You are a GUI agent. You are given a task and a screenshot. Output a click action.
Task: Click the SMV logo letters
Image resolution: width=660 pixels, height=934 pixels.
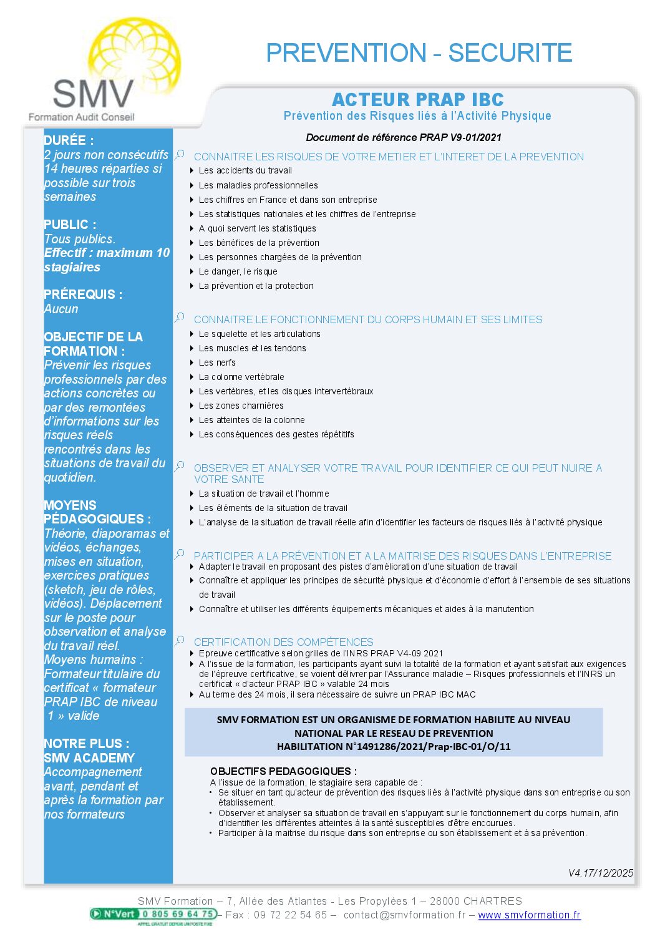[93, 94]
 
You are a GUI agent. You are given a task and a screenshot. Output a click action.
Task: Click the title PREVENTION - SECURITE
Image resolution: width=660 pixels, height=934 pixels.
[419, 53]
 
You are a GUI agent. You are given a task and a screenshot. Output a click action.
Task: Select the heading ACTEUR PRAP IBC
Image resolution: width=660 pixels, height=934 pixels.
[417, 100]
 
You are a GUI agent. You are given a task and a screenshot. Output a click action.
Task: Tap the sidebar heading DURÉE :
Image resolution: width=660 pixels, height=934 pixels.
[69, 140]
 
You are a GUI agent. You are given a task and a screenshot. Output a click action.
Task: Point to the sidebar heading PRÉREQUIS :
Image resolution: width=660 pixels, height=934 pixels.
[83, 294]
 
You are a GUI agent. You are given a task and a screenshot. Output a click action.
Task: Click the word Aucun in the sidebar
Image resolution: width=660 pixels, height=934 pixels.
[61, 309]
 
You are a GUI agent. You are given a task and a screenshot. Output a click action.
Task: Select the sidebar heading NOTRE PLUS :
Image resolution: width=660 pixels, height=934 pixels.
[87, 744]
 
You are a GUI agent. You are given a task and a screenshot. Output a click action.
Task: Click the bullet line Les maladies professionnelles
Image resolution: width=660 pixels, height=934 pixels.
[258, 185]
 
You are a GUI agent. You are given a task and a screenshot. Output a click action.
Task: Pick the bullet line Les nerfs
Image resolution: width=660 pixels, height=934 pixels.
[217, 362]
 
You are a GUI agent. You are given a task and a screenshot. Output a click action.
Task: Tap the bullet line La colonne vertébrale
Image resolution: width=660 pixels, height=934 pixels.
[241, 377]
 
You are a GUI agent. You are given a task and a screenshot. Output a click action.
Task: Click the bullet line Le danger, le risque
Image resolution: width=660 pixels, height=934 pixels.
[238, 271]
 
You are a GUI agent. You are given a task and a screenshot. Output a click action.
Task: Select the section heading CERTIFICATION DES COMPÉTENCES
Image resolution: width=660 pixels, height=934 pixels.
[283, 642]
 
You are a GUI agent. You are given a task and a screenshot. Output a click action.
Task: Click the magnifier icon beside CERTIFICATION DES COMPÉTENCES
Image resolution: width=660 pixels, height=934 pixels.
[180, 640]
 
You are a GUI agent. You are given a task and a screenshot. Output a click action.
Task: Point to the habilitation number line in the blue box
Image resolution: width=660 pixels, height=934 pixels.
[394, 746]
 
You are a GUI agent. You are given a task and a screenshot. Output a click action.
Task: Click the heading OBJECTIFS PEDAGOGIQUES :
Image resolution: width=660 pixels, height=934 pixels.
[283, 771]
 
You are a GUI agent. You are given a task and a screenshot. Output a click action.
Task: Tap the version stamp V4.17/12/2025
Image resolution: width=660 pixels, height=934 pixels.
[600, 873]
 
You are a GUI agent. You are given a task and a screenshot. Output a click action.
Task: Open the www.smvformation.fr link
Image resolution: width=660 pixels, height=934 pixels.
[529, 915]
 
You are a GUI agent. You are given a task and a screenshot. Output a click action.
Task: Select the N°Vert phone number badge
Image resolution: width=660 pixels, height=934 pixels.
[153, 915]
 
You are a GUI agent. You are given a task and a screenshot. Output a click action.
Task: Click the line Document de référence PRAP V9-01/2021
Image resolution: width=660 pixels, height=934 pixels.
[403, 137]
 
